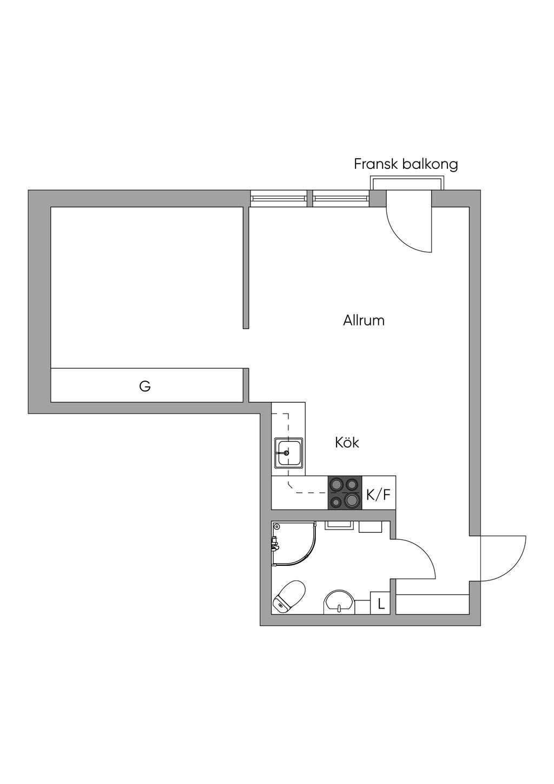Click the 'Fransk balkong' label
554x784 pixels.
tap(406, 164)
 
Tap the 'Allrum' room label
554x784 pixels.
tap(364, 320)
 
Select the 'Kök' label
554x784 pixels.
tap(347, 443)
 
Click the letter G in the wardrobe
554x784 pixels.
tap(145, 386)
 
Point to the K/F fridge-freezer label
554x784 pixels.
tap(378, 495)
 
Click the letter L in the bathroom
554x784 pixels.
tap(381, 604)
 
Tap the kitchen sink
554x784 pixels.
tap(289, 453)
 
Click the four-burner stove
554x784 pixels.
tap(345, 493)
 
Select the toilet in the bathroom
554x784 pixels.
tap(288, 597)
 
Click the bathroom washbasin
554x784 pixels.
tap(339, 602)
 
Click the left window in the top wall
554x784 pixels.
tap(279, 199)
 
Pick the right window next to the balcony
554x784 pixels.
tap(341, 199)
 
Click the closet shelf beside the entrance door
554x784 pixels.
tap(432, 604)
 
